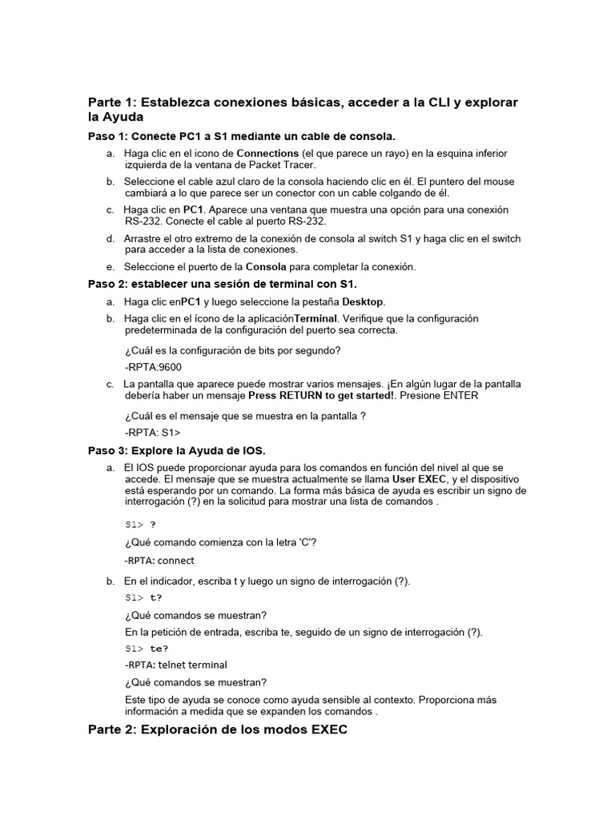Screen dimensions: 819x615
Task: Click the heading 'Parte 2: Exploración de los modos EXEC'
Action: (218, 730)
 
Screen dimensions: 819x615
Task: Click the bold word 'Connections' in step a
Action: (267, 153)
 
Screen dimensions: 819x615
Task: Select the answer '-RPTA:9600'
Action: (154, 367)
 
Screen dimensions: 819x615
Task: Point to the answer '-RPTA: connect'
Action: (160, 561)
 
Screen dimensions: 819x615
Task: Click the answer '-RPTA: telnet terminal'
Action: (176, 665)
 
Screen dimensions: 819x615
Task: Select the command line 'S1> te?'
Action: (147, 649)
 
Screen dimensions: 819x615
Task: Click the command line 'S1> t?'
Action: (143, 597)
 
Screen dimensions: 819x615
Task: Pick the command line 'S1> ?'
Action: (140, 525)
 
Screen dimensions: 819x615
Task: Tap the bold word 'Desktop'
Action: (364, 302)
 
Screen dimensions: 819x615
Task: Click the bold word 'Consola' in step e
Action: (265, 266)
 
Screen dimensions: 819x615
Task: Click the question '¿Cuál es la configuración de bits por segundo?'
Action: (233, 350)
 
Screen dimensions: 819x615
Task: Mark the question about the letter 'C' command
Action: (221, 542)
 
